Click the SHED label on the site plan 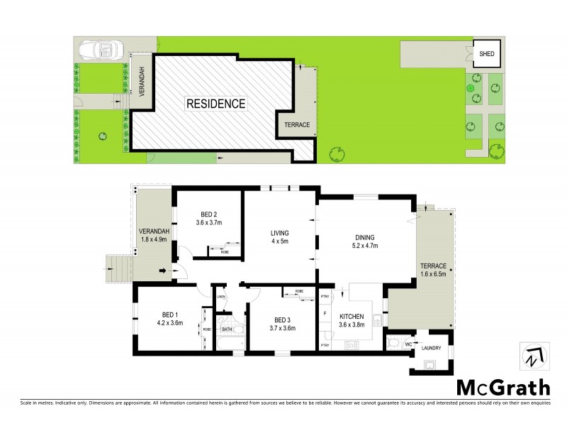pos(488,53)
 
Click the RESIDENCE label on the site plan pos(215,104)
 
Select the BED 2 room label pos(208,214)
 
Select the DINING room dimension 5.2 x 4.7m pos(365,246)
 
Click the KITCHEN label pos(352,317)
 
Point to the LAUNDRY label pos(431,348)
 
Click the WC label pos(409,344)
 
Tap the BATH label pos(226,329)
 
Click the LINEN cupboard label pos(221,296)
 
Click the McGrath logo pos(502,387)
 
